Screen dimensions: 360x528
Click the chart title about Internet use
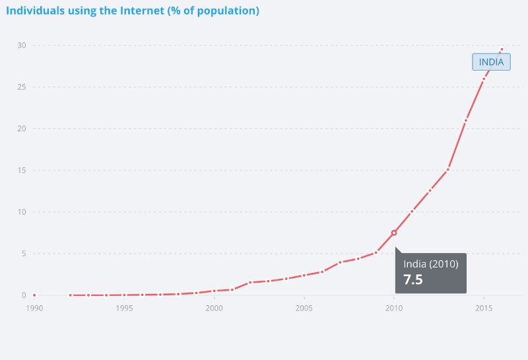pos(133,11)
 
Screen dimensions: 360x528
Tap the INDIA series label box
pos(491,62)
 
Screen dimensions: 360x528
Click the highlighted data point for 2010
pos(394,233)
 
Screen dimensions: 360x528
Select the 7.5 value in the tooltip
pos(413,279)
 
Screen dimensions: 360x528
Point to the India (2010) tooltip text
pos(430,264)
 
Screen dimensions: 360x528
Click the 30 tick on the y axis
pos(22,46)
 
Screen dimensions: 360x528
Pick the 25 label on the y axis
pos(22,87)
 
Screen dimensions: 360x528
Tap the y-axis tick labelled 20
pos(22,129)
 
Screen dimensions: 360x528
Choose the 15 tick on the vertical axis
pos(22,170)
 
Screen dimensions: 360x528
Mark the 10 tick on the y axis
pos(22,212)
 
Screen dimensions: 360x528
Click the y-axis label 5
pos(24,254)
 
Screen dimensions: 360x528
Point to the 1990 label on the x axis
pos(34,308)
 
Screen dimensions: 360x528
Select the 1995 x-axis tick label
pos(124,308)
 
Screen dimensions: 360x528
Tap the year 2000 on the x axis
pos(214,308)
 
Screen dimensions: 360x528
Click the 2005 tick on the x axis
pos(304,308)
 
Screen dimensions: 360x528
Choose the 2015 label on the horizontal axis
pos(484,308)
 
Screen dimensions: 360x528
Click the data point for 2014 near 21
pos(466,120)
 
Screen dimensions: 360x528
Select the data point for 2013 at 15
pos(448,170)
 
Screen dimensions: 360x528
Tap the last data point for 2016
pos(502,50)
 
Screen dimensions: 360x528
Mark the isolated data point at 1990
pos(34,295)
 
